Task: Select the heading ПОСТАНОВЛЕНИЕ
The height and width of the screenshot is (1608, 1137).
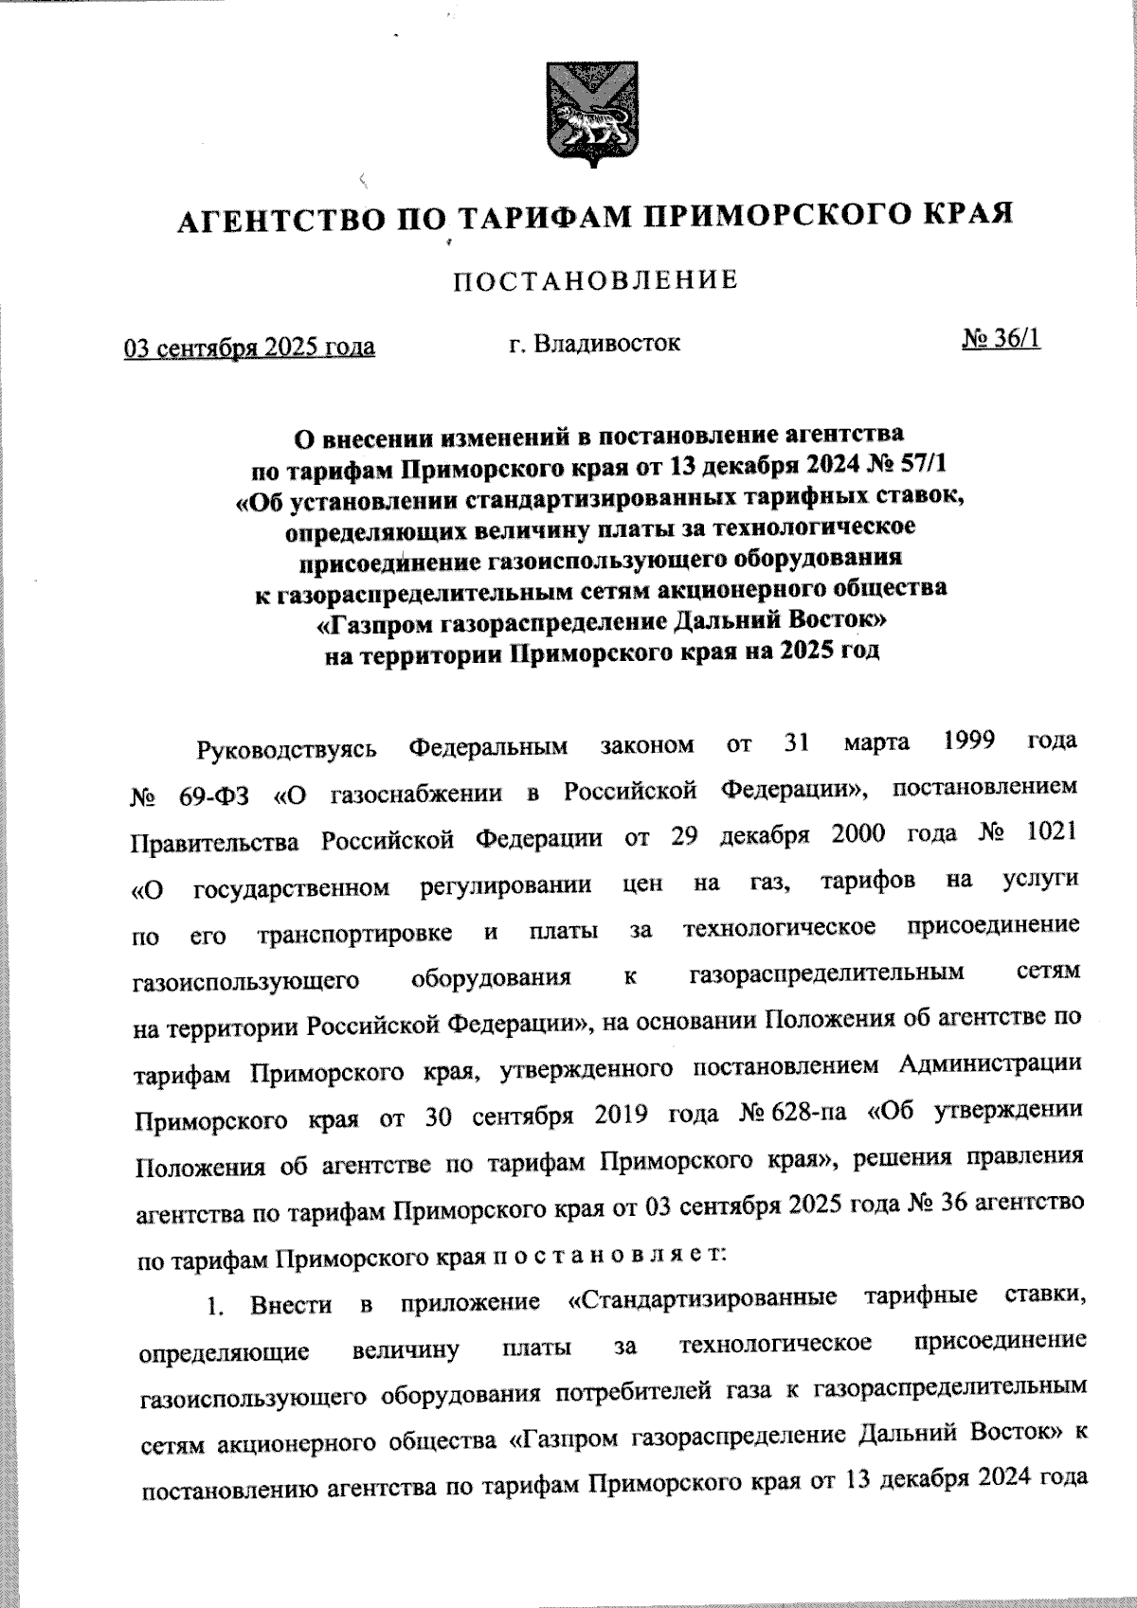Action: [596, 281]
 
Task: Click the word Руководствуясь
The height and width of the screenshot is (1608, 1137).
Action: [286, 748]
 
